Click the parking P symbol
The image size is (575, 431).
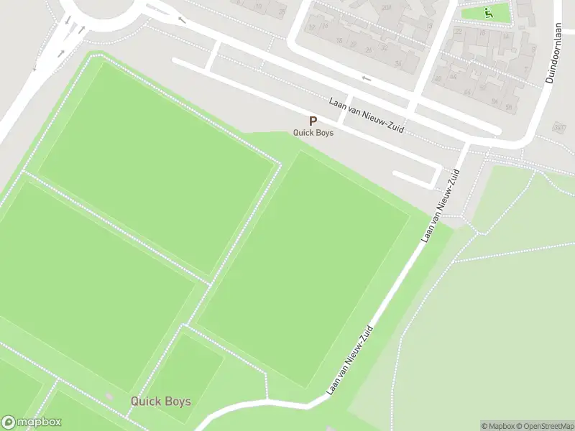tap(313, 121)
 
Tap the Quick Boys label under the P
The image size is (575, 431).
tap(313, 133)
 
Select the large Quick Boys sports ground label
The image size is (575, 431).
tap(160, 401)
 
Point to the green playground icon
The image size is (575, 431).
tap(488, 12)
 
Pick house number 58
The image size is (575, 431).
tap(508, 107)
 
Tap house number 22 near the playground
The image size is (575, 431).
tap(459, 32)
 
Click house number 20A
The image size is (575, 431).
tap(386, 7)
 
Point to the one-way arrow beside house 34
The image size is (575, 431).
tap(367, 78)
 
